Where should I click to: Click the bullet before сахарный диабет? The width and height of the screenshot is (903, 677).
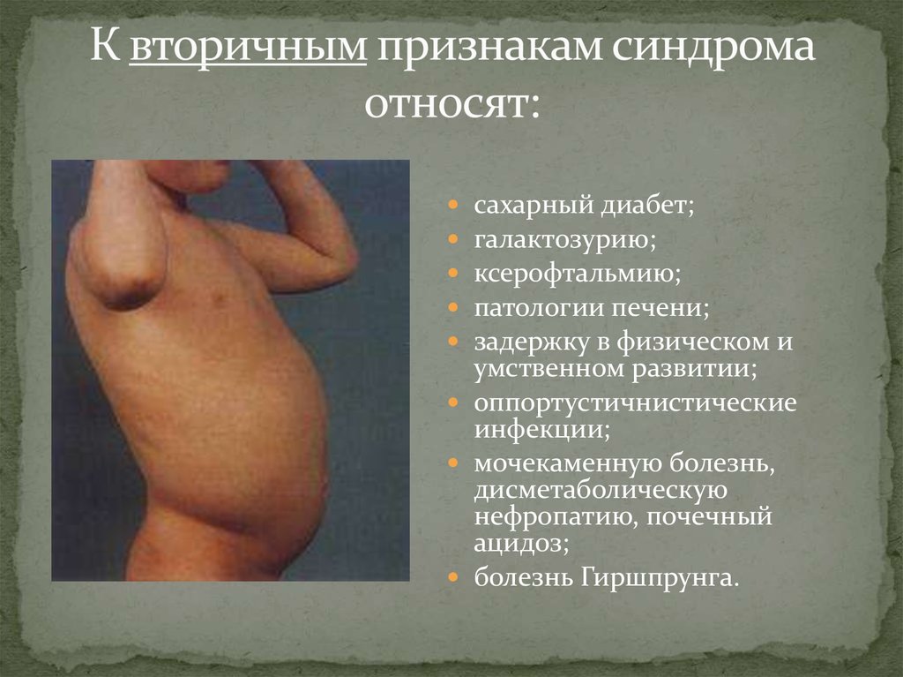452,206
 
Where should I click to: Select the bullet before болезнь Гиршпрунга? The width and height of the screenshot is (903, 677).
452,578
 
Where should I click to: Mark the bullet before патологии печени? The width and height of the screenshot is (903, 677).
452,309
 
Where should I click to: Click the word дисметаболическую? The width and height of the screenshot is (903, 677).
600,490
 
